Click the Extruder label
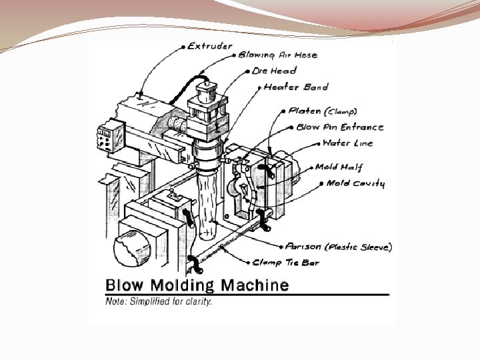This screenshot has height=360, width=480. click(209, 46)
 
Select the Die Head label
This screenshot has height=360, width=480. click(274, 71)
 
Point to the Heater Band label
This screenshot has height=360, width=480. click(296, 87)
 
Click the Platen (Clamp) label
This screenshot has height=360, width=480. click(322, 111)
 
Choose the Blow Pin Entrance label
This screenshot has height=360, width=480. click(339, 127)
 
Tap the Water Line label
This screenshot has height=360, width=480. click(347, 143)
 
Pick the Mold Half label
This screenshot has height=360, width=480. click(339, 167)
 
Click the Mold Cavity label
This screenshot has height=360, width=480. click(355, 183)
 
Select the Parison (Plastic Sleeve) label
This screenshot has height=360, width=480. click(338, 247)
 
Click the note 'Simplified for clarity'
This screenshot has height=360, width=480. click(159, 301)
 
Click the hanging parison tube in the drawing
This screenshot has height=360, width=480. click(209, 200)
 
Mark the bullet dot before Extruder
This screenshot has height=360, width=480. click(183, 47)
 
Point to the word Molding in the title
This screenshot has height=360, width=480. click(185, 286)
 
